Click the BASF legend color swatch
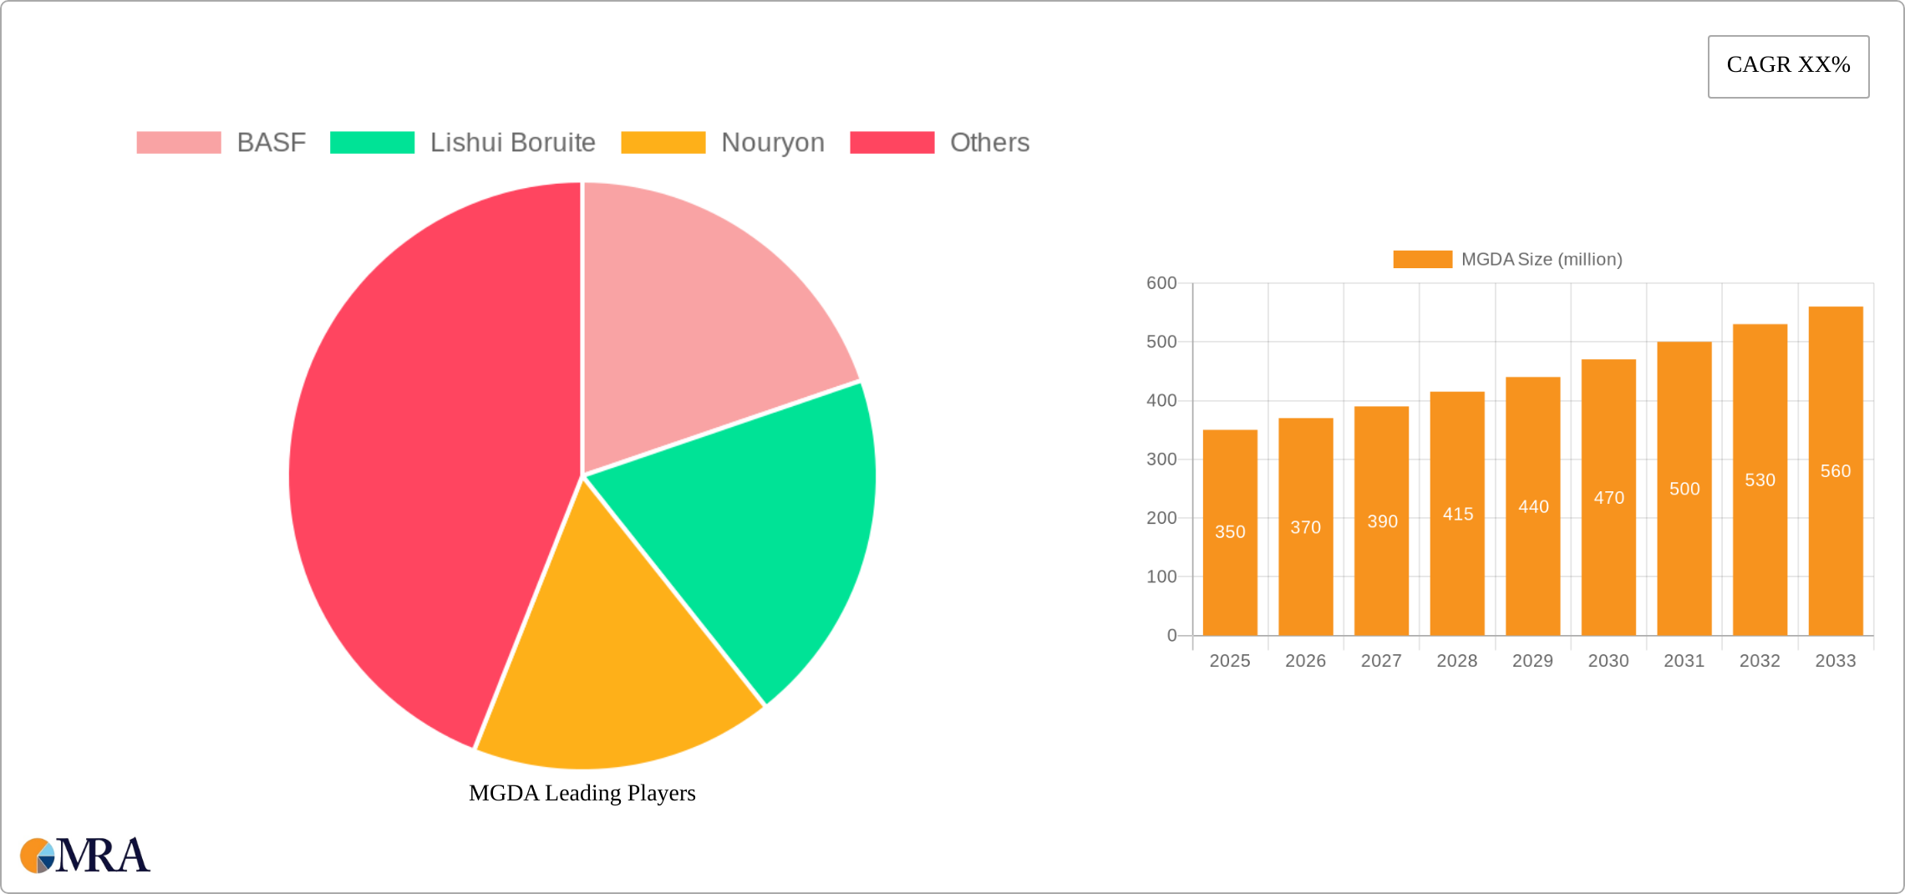pyautogui.click(x=179, y=143)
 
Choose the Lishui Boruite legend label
pyautogui.click(x=512, y=143)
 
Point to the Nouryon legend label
pyautogui.click(x=773, y=143)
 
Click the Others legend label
pyautogui.click(x=989, y=143)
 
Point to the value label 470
pyautogui.click(x=1608, y=498)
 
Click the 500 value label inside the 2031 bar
pyautogui.click(x=1684, y=489)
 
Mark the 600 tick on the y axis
pyautogui.click(x=1161, y=283)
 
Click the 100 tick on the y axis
pyautogui.click(x=1161, y=577)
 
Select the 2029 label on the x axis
pyautogui.click(x=1532, y=661)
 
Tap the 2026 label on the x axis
pyautogui.click(x=1305, y=661)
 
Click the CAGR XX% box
pyautogui.click(x=1788, y=66)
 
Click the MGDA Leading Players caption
pyautogui.click(x=582, y=793)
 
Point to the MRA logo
pyautogui.click(x=85, y=856)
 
